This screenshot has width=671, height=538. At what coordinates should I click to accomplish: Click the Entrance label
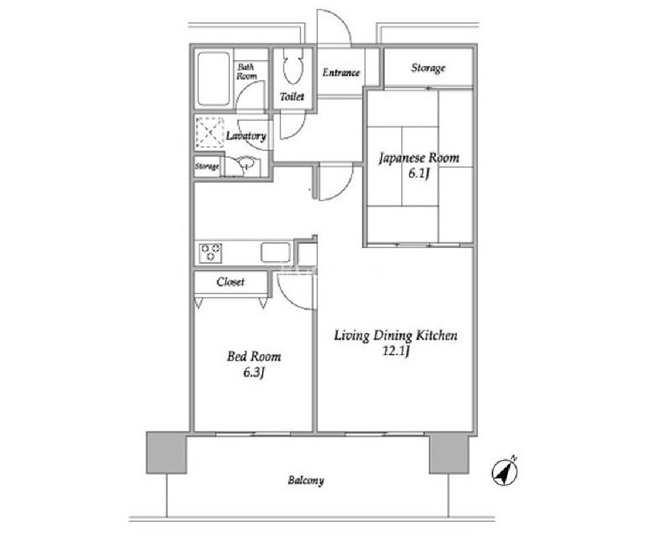click(341, 73)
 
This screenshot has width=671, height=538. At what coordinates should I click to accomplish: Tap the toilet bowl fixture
click(293, 66)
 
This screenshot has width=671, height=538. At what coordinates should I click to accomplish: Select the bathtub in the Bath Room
click(214, 79)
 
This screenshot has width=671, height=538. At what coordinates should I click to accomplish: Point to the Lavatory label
click(246, 136)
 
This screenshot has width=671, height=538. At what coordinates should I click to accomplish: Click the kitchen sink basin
click(276, 253)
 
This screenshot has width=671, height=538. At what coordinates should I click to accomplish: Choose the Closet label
click(230, 281)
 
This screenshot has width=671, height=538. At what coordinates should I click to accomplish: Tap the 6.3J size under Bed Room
click(253, 373)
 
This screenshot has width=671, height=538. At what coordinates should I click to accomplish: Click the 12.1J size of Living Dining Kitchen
click(396, 352)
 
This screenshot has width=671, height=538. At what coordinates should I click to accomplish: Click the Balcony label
click(306, 481)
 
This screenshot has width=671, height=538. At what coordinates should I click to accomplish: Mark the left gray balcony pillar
click(167, 453)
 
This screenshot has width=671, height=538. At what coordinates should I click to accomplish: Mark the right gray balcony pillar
click(449, 453)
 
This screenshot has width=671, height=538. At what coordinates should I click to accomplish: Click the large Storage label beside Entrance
click(429, 68)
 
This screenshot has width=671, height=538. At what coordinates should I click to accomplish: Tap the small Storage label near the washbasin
click(207, 166)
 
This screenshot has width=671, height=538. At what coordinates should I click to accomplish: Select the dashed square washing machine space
click(210, 132)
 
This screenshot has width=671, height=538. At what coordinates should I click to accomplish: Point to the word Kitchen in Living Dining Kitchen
click(437, 335)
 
